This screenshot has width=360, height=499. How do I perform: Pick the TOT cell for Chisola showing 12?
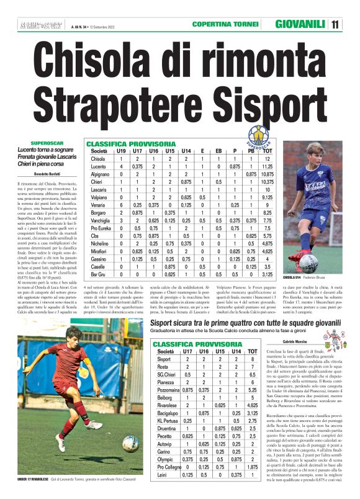[268, 159]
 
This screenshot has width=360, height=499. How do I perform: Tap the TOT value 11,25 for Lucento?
[268, 167]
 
